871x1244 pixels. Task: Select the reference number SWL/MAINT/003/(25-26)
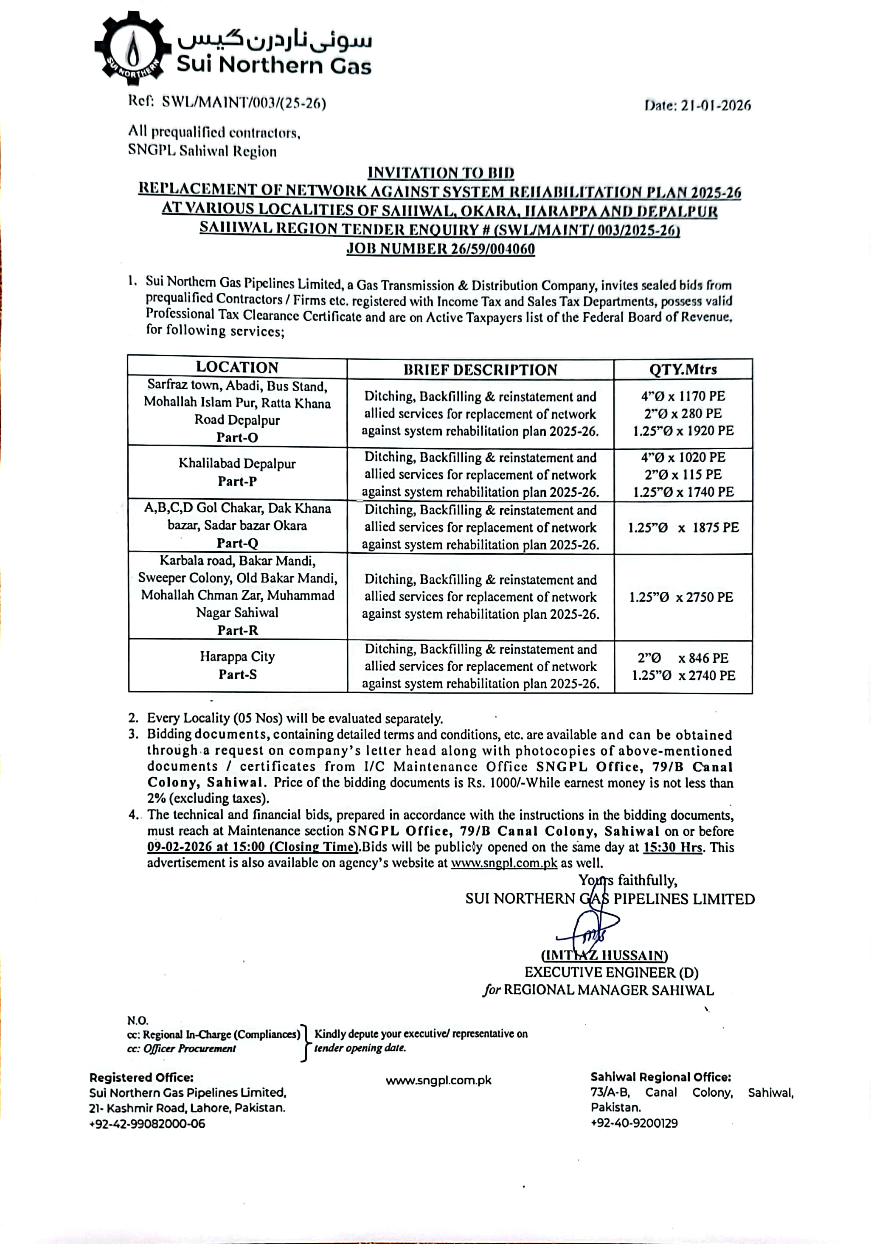[244, 102]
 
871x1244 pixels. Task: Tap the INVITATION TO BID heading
[441, 173]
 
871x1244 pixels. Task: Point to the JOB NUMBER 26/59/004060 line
[441, 249]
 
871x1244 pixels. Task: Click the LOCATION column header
[237, 367]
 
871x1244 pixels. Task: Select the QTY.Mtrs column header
[683, 370]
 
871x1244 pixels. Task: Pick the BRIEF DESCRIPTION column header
[480, 370]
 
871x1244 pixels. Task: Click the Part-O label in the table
[237, 437]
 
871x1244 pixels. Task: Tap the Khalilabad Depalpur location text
[237, 464]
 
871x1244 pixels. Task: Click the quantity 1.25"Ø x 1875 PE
[683, 528]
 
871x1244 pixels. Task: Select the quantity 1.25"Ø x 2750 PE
[681, 597]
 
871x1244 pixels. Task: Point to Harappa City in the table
[237, 657]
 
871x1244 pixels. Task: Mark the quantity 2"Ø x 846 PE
[683, 658]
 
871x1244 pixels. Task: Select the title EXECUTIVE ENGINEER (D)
[611, 972]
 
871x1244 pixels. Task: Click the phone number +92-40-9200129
[634, 1123]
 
